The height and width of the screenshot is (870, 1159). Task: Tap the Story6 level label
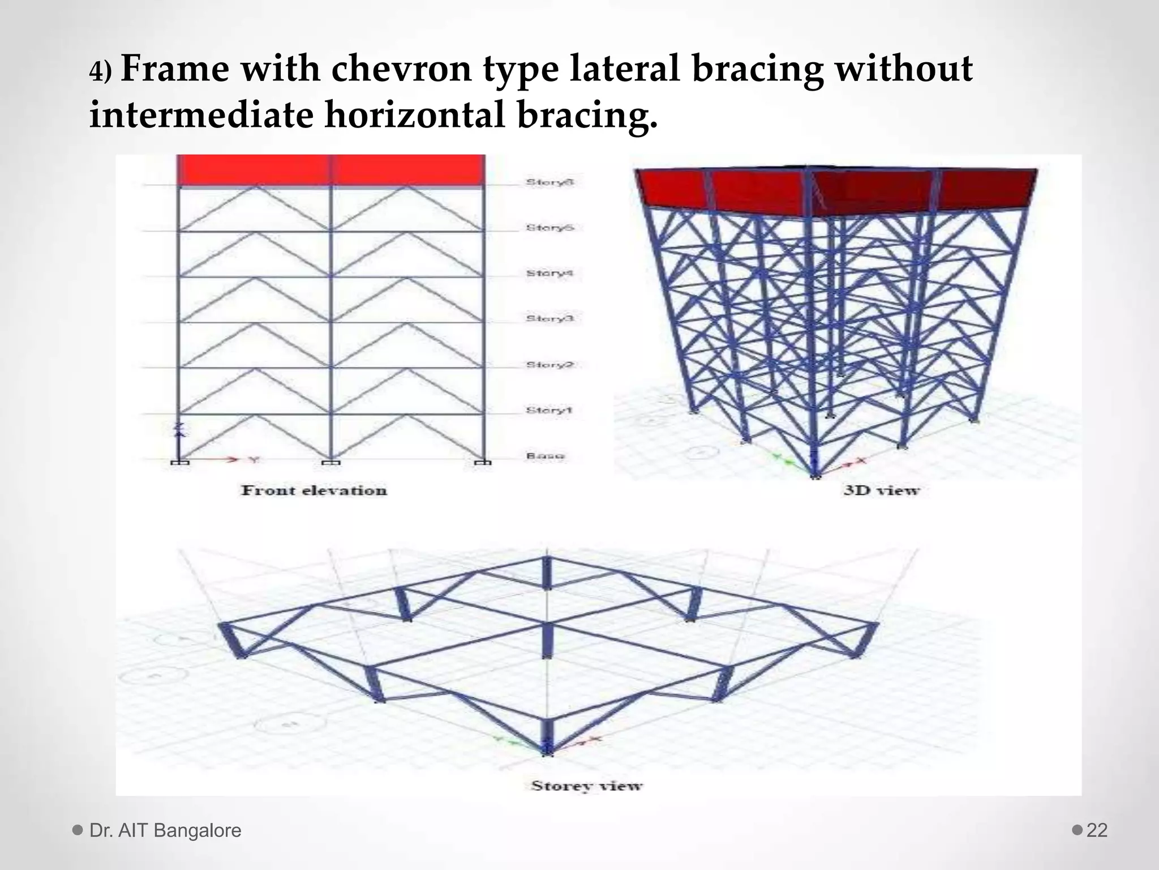(x=550, y=182)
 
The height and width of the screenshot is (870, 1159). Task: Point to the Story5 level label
(x=550, y=228)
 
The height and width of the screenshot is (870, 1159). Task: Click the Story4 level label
(x=550, y=274)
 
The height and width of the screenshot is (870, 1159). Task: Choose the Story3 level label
(x=550, y=319)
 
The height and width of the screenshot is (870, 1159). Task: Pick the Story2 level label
(x=550, y=365)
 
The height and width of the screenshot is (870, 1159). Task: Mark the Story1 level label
(x=548, y=410)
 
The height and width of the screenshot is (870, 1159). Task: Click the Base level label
(x=545, y=456)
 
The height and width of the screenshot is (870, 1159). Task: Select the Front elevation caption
(x=314, y=491)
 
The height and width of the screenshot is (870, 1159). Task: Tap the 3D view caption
(x=881, y=491)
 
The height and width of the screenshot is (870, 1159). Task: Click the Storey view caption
(x=587, y=786)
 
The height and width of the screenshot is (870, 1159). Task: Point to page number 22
(x=1097, y=830)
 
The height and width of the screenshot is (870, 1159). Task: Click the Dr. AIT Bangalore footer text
(x=165, y=830)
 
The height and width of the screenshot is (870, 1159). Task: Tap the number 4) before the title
(x=101, y=72)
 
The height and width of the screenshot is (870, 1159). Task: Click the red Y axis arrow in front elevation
(x=232, y=459)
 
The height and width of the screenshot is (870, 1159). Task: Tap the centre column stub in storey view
(x=547, y=639)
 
